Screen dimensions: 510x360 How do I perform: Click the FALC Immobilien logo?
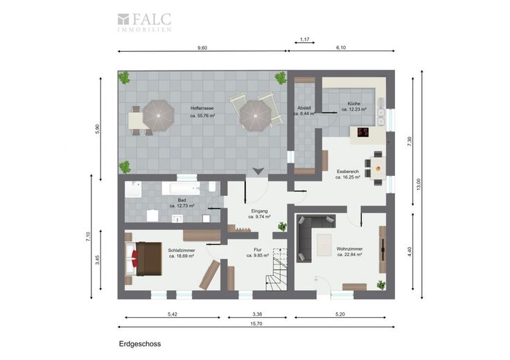pyautogui.click(x=144, y=22)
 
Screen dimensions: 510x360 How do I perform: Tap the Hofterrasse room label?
pyautogui.click(x=202, y=108)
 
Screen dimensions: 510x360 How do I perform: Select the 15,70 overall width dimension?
pyautogui.click(x=256, y=323)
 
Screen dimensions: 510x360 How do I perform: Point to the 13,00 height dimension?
pyautogui.click(x=419, y=184)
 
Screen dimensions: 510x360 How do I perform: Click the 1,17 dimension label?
pyautogui.click(x=304, y=39)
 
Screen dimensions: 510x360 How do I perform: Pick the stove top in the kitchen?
pyautogui.click(x=363, y=132)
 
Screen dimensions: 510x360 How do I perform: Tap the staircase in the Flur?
pyautogui.click(x=276, y=269)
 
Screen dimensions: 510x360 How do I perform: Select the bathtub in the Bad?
pyautogui.click(x=181, y=188)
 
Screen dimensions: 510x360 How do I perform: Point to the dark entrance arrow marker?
pyautogui.click(x=258, y=171)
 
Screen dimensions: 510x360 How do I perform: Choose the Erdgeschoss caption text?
pyautogui.click(x=140, y=344)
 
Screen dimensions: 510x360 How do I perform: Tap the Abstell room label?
pyautogui.click(x=304, y=108)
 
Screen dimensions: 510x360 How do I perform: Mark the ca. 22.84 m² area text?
pyautogui.click(x=349, y=255)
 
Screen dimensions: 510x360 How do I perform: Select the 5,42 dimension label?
pyautogui.click(x=173, y=314)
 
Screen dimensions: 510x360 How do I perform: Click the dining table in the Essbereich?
pyautogui.click(x=378, y=168)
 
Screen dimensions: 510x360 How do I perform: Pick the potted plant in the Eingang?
pyautogui.click(x=282, y=226)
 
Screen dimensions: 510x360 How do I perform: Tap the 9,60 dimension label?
pyautogui.click(x=202, y=48)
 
